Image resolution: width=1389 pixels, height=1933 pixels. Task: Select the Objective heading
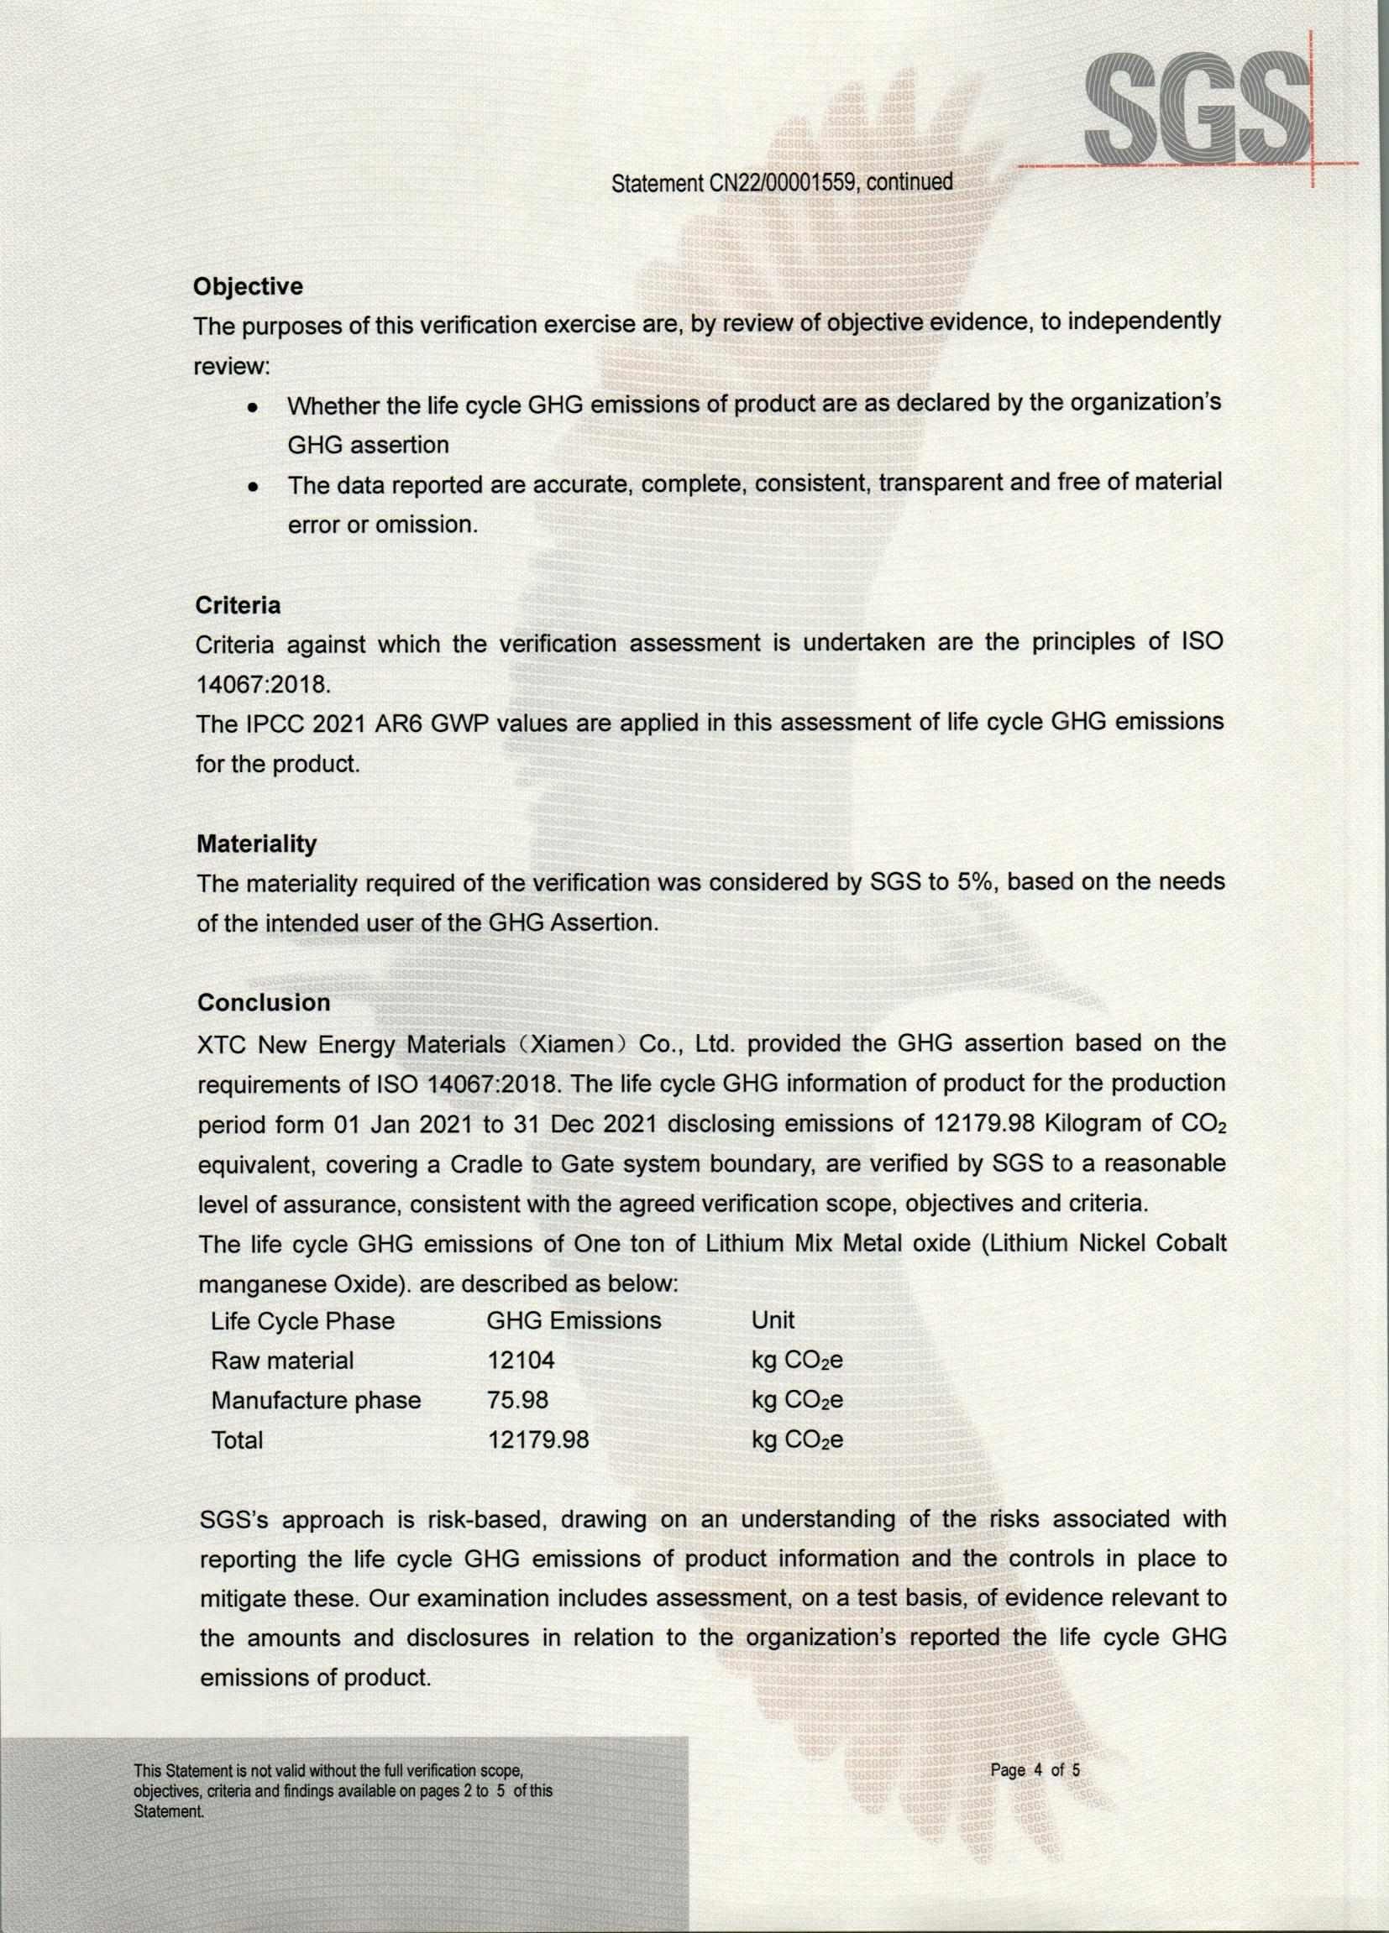pos(248,286)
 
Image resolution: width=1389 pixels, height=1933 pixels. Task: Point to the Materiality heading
pos(257,844)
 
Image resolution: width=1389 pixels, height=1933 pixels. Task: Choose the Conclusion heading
pos(264,1002)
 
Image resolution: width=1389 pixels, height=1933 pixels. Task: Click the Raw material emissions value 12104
pos(520,1361)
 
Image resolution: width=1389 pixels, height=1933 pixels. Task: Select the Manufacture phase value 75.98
pos(517,1400)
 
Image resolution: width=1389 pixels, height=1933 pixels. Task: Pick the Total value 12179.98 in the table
pos(538,1440)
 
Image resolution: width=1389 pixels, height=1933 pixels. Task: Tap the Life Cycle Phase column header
pos(302,1321)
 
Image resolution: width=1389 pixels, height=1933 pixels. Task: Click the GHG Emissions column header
pos(573,1321)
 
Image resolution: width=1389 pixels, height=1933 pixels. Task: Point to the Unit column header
pos(773,1321)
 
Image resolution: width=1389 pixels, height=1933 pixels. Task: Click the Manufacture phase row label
pos(316,1400)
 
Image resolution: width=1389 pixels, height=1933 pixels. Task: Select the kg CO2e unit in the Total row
pos(796,1440)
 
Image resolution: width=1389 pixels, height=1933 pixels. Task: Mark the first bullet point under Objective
pos(252,408)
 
